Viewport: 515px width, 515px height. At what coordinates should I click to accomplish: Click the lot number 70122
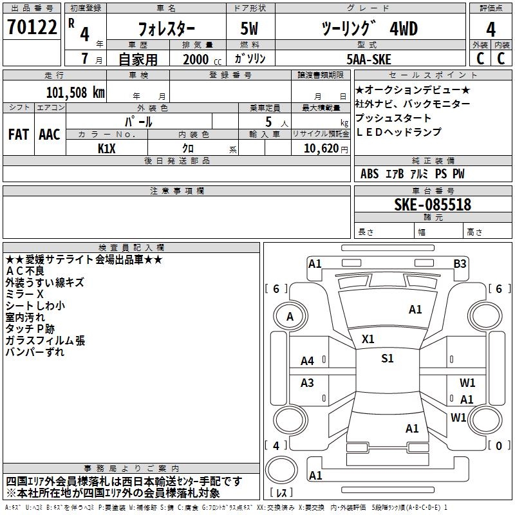(x=32, y=27)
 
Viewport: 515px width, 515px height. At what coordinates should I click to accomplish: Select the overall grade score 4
(x=491, y=30)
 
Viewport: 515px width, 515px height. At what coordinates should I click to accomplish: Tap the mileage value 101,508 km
(x=75, y=93)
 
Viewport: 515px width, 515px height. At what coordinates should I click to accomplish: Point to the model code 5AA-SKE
(x=369, y=59)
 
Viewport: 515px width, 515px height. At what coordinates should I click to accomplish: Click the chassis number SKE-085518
(x=433, y=205)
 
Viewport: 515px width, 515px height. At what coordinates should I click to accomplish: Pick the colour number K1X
(x=107, y=149)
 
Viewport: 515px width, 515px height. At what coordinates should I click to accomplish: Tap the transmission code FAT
(x=19, y=135)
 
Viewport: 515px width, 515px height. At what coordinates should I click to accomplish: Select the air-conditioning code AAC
(x=50, y=135)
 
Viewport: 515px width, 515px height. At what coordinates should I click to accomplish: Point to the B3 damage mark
(x=460, y=264)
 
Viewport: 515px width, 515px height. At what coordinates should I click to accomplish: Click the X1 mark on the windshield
(x=368, y=339)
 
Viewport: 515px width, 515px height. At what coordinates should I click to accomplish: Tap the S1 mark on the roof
(x=388, y=359)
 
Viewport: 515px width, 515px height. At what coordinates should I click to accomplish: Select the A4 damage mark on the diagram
(x=308, y=361)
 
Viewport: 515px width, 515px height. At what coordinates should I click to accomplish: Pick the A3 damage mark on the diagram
(x=307, y=382)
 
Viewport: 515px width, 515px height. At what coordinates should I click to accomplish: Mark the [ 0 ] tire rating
(x=499, y=445)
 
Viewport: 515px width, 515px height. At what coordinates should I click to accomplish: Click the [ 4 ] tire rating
(x=276, y=445)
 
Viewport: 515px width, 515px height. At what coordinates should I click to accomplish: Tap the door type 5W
(x=249, y=28)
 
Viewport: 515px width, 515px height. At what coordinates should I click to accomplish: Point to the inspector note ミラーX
(x=24, y=294)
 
